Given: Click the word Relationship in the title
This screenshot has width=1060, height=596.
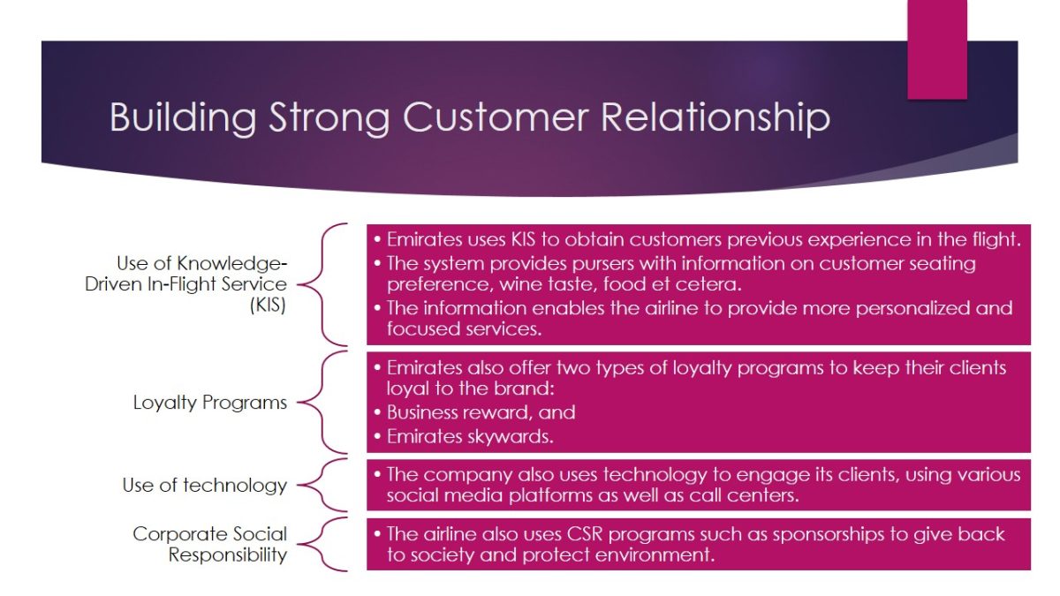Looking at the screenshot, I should (715, 118).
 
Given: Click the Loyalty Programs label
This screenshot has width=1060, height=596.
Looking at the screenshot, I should (210, 403).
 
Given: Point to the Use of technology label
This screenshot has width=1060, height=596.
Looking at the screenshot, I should (205, 485).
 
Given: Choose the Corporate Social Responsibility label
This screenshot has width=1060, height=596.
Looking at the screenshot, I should (210, 544).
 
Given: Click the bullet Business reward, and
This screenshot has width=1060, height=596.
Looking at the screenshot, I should (481, 412).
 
